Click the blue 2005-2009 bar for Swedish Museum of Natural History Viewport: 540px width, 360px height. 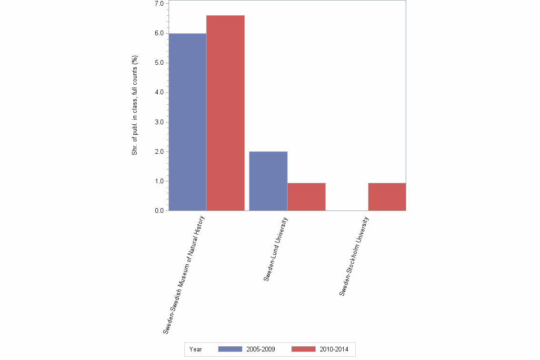tap(188, 122)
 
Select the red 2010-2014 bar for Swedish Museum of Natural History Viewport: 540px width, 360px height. tap(226, 113)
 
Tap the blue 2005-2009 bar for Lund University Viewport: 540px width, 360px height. tap(268, 181)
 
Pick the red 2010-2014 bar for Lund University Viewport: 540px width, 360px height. tap(306, 197)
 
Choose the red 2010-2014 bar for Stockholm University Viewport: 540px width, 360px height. tap(387, 197)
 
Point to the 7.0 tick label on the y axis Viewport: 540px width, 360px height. tap(159, 4)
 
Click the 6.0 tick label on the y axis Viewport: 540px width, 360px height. tap(159, 33)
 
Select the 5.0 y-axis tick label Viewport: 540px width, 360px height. tap(159, 63)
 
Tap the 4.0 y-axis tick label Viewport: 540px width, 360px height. tap(159, 92)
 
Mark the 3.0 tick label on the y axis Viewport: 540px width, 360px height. tap(159, 122)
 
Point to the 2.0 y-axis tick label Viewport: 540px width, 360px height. tap(159, 152)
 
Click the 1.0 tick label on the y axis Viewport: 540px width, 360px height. tap(159, 181)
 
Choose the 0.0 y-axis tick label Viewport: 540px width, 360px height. tap(159, 211)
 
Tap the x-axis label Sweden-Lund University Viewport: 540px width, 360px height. tap(276, 249)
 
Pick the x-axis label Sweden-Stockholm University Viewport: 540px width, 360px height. tap(354, 256)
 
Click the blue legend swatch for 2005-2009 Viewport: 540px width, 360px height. tap(230, 349)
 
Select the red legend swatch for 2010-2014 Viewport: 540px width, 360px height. tap(303, 349)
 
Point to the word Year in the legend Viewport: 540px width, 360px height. tap(195, 350)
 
